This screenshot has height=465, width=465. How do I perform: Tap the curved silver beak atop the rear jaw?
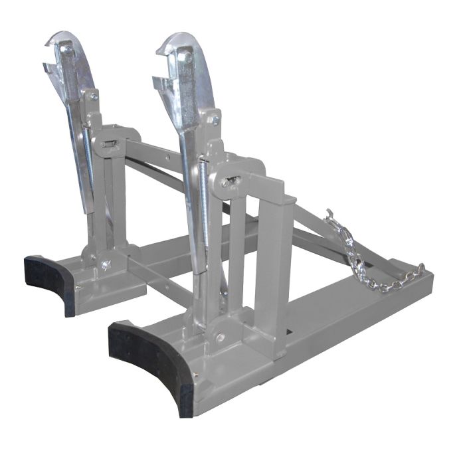click(63, 37)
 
